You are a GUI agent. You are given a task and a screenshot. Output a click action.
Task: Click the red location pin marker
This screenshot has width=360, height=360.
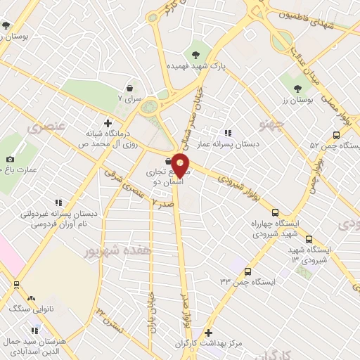180,166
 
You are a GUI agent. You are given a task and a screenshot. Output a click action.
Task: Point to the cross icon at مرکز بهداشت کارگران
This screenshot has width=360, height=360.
208,333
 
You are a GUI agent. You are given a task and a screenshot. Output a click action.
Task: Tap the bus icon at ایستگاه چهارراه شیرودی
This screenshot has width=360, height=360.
274,212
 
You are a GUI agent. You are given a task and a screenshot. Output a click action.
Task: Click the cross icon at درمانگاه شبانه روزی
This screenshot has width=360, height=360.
106,121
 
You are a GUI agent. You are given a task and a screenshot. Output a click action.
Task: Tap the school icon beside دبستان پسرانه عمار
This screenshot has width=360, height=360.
226,132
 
